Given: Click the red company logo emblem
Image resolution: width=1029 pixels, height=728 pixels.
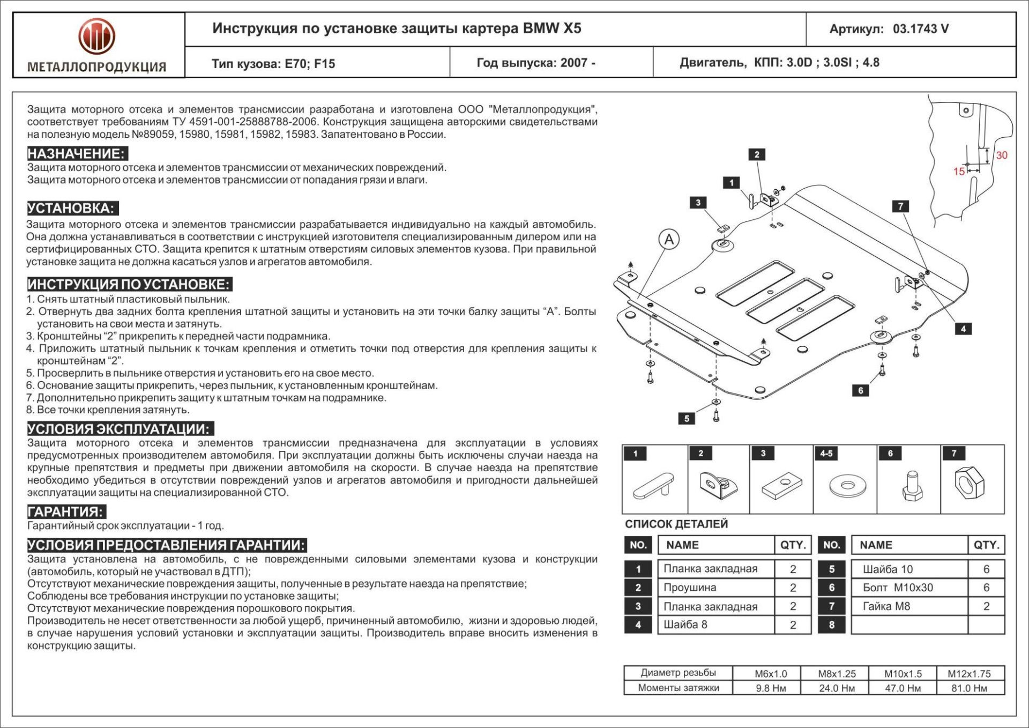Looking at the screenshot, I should click(96, 36).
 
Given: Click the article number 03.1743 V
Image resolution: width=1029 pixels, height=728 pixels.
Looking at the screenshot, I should click(920, 29).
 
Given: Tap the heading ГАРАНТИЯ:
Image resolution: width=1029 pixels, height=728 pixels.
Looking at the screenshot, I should click(66, 511).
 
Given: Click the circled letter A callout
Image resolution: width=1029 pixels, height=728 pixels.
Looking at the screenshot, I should click(669, 239).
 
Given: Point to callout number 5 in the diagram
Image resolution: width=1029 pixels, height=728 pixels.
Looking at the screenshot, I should click(687, 418).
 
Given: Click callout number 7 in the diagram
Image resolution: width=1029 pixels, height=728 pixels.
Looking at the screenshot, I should click(900, 206).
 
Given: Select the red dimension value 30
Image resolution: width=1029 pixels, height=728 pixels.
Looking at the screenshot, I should click(1001, 155).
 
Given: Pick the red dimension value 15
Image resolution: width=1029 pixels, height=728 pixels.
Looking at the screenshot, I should click(959, 172).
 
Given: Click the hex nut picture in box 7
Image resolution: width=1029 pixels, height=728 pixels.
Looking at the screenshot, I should click(970, 482).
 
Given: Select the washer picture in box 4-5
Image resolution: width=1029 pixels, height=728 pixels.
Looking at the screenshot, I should click(847, 486).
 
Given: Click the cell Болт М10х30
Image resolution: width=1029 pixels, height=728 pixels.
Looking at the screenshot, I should click(898, 588).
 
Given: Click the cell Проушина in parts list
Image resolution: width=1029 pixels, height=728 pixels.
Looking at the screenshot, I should click(690, 588).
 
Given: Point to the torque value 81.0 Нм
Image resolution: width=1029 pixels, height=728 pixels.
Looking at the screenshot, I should click(969, 688).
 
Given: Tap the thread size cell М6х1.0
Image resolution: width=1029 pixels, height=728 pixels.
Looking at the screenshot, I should click(771, 674).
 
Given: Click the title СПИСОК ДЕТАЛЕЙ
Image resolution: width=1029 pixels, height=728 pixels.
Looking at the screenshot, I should click(676, 524).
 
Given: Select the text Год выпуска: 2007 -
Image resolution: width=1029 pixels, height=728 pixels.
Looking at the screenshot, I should click(536, 63).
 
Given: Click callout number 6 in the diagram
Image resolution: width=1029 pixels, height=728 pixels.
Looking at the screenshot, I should click(860, 390).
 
